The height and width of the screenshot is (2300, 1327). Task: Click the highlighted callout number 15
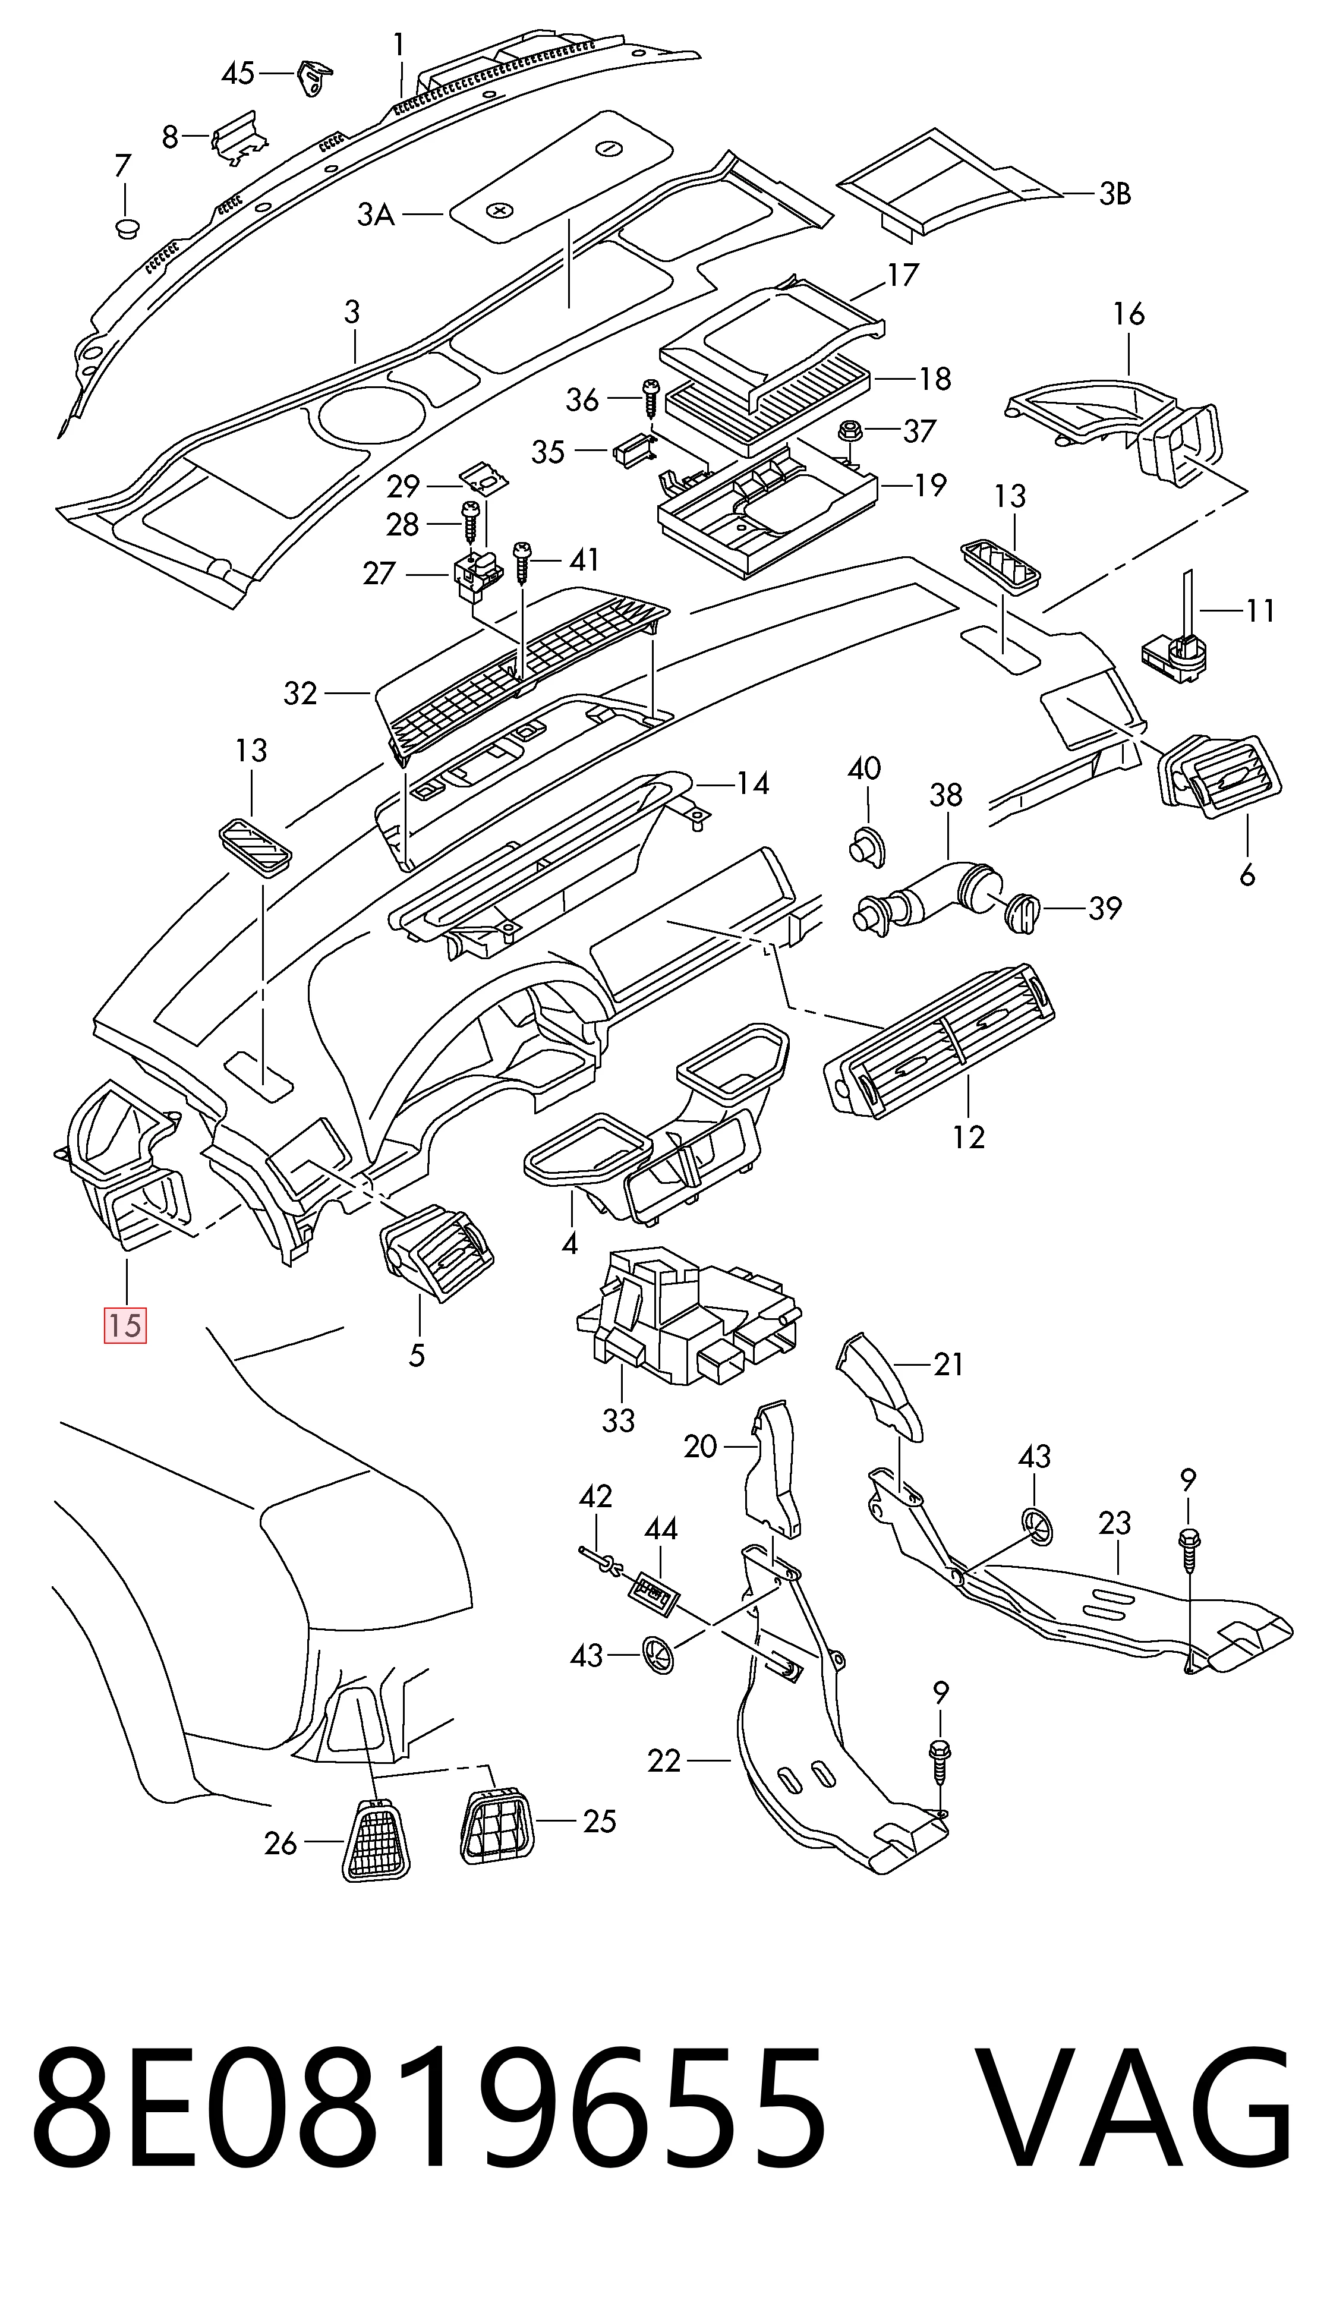coord(126,1324)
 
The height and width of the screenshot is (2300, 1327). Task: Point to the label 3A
coord(376,215)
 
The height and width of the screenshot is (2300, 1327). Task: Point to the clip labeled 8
coord(239,137)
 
